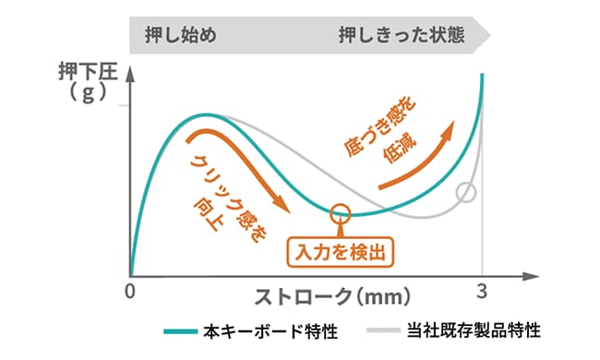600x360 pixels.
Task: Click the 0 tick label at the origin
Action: (130, 290)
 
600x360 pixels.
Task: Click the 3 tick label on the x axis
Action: (481, 290)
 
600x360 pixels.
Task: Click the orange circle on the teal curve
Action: (341, 212)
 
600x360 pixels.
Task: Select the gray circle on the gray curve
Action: (466, 194)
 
